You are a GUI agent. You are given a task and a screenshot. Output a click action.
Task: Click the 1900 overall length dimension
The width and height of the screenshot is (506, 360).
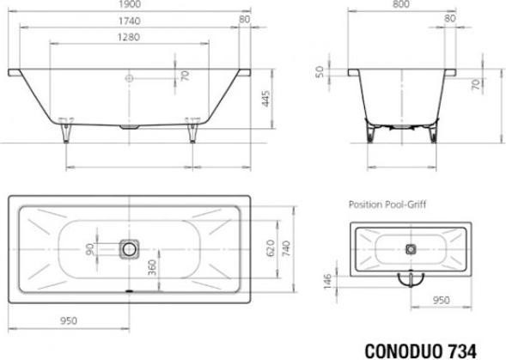pos(130,4)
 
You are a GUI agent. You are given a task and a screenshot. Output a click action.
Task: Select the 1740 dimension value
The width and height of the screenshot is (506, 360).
pos(130,21)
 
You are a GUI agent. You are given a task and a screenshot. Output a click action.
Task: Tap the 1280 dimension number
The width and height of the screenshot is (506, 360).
pos(129,37)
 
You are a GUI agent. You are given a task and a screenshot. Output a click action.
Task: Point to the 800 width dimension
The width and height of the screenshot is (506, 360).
pos(401,4)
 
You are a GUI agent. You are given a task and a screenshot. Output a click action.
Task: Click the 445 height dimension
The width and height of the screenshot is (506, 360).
pos(265,99)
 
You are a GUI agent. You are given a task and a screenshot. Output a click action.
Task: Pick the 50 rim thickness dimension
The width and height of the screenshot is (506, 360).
pos(320,71)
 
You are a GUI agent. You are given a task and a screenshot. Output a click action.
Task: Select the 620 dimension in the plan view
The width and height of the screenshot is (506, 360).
pos(271,248)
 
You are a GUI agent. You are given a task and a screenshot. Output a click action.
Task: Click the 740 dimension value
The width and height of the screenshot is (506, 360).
pos(286,248)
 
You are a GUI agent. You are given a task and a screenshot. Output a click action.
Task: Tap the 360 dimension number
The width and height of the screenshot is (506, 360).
pos(152,268)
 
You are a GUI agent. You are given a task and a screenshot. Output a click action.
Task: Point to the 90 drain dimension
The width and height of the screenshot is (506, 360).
pos(90,249)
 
